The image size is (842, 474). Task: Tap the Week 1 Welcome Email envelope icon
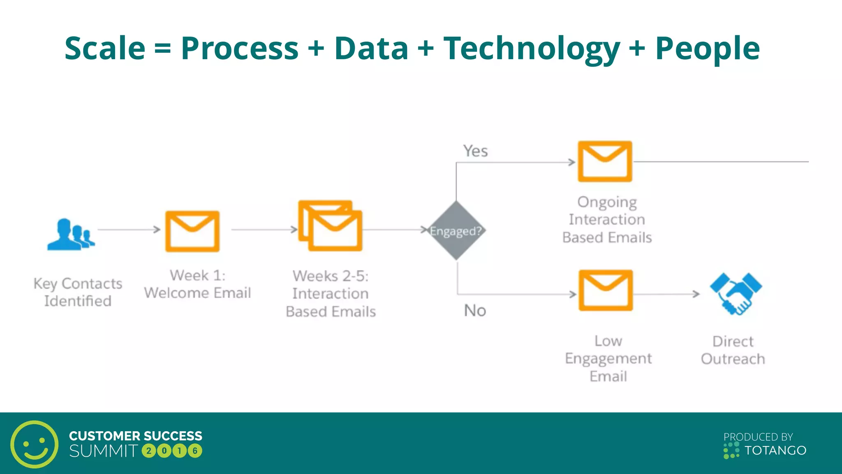pos(192,231)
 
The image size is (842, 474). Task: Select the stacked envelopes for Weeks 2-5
pos(331,226)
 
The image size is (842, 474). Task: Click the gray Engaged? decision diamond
pos(456,231)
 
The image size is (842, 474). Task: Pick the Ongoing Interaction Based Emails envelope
pos(605,161)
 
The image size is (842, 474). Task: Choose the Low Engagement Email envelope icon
pos(606,290)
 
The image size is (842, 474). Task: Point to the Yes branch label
pos(475,151)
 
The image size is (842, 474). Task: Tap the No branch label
pos(475,311)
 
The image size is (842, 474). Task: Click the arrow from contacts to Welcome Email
pos(129,230)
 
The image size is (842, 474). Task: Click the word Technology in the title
pos(531,49)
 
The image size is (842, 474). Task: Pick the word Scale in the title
pos(105,49)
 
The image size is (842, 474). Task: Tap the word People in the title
pos(707,49)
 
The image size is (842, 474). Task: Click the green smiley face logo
pos(34,444)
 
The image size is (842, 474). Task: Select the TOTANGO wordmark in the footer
pos(775,451)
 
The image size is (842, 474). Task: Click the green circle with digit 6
pos(195,451)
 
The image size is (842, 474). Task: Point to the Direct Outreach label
pos(733,350)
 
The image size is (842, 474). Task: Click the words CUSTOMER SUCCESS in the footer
pos(136,436)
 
